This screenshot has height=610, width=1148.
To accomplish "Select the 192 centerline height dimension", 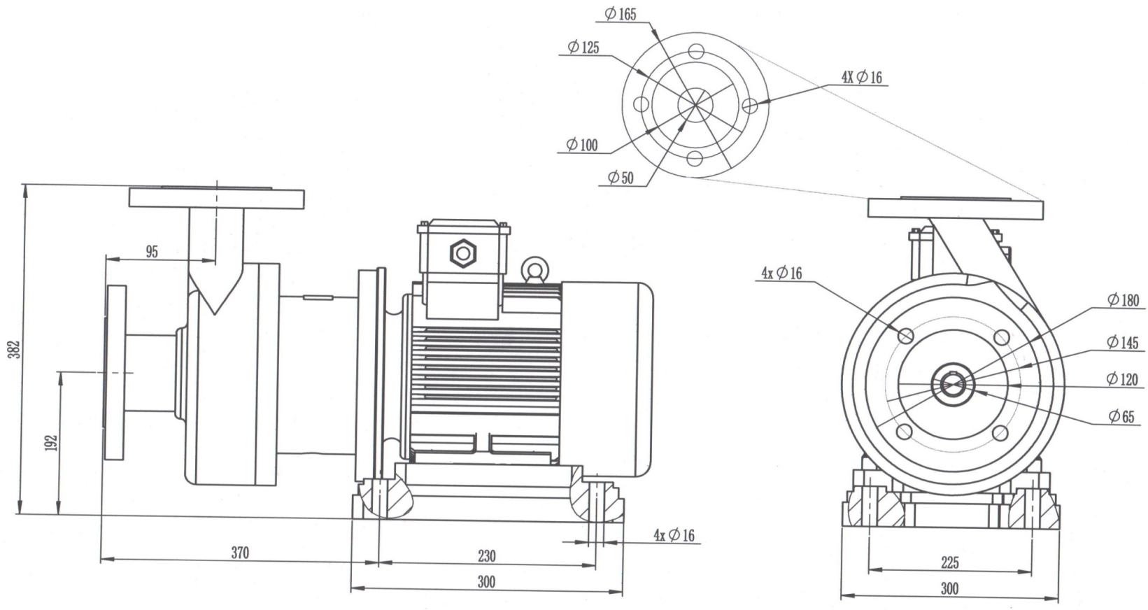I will (x=51, y=443).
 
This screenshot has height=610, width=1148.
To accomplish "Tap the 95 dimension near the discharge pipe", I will (x=152, y=252).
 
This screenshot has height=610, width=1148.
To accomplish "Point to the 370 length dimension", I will (x=240, y=552).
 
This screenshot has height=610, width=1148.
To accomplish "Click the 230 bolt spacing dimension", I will (x=486, y=556).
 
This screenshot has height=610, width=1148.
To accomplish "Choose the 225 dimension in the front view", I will (x=949, y=562).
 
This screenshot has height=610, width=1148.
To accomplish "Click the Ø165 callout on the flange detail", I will (x=621, y=13).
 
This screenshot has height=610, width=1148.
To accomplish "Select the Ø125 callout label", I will (x=583, y=48).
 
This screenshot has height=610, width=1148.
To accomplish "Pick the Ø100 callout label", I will (x=582, y=146).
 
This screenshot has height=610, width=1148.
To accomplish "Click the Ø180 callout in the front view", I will (x=1123, y=301).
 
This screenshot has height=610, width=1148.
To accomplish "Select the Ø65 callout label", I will (x=1121, y=417).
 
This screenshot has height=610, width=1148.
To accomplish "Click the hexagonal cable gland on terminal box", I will (x=462, y=253).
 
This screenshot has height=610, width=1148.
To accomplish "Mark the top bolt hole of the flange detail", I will (x=695, y=51).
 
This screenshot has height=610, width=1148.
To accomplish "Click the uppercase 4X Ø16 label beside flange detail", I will (x=861, y=77).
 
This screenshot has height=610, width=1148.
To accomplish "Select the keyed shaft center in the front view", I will (x=951, y=383).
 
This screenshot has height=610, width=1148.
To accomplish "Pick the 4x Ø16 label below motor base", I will (x=674, y=535).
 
